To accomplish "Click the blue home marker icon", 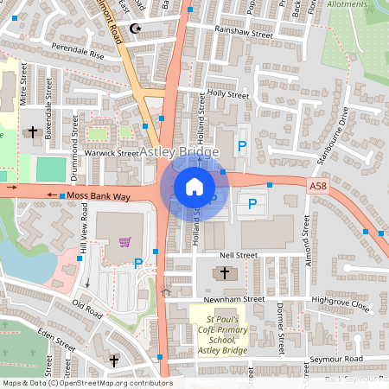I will (x=194, y=187).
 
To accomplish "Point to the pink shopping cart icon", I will (x=126, y=242).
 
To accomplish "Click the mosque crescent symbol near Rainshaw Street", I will (x=134, y=29).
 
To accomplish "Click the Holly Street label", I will (x=227, y=94).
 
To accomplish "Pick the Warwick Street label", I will (x=112, y=153).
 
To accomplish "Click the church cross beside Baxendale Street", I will (x=33, y=132).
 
